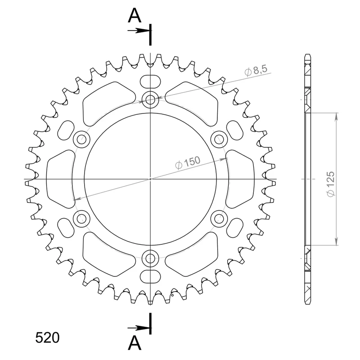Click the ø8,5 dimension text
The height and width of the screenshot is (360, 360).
pyautogui.click(x=256, y=70)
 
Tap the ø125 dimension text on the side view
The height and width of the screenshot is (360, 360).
pyautogui.click(x=331, y=184)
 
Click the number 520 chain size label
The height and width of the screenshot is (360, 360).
pyautogui.click(x=47, y=337)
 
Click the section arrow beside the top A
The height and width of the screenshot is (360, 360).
pyautogui.click(x=139, y=31)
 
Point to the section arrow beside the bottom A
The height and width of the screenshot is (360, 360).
pyautogui.click(x=139, y=327)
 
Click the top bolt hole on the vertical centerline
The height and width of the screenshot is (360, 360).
pyautogui.click(x=150, y=99)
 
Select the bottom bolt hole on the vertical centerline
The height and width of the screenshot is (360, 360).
pyautogui.click(x=150, y=258)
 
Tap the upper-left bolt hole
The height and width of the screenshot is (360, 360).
pyautogui.click(x=81, y=139)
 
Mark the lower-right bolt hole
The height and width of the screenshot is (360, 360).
pyautogui.click(x=219, y=219)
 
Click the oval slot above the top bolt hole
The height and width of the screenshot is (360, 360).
pyautogui.click(x=150, y=81)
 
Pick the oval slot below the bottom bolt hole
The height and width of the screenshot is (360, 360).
pyautogui.click(x=150, y=276)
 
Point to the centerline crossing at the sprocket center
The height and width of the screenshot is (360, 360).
pyautogui.click(x=150, y=179)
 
